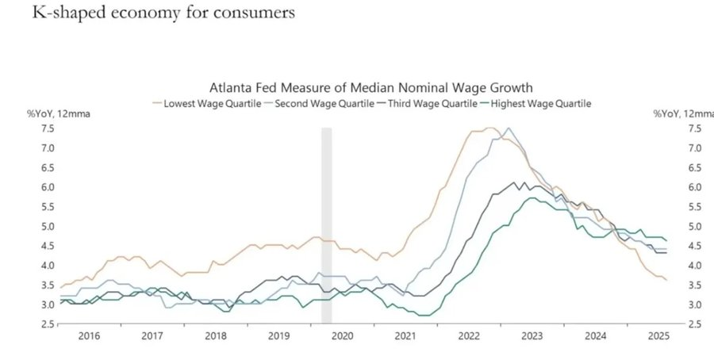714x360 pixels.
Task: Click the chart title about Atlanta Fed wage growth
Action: [370, 86]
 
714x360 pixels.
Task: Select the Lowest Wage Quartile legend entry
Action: [208, 103]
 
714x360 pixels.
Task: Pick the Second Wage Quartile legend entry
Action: [324, 103]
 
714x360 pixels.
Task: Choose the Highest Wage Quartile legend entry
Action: [539, 103]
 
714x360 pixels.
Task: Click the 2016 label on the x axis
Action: [89, 336]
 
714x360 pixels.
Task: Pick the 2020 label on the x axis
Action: [340, 336]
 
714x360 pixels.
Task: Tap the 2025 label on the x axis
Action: [654, 336]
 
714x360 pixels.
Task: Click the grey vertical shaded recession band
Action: [326, 222]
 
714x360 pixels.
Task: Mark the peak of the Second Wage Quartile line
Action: [509, 128]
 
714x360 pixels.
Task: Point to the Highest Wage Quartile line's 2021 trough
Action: [425, 315]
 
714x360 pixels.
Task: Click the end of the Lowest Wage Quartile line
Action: [666, 280]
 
